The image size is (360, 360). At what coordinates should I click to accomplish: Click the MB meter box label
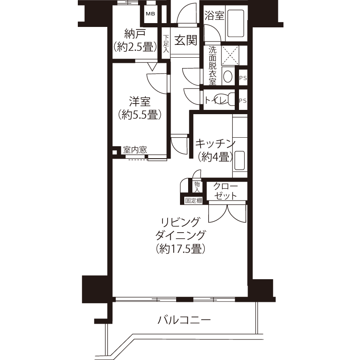(150, 14)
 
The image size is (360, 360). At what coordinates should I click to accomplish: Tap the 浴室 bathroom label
(214, 15)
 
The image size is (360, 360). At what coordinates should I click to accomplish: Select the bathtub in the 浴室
(235, 23)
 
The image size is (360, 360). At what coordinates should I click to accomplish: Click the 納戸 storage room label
(135, 34)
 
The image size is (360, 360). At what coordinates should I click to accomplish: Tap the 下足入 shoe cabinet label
(166, 44)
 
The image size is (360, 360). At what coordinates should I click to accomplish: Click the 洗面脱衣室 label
(212, 66)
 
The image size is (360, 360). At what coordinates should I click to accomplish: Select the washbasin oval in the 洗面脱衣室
(227, 76)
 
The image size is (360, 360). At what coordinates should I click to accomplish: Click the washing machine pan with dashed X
(230, 55)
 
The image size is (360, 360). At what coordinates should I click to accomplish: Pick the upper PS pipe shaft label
(243, 78)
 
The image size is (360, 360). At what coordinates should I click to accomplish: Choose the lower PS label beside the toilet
(243, 100)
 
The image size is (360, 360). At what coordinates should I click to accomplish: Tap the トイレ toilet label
(216, 100)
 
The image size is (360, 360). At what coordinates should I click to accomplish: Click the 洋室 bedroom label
(139, 101)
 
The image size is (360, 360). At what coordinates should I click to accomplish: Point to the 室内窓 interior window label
(135, 150)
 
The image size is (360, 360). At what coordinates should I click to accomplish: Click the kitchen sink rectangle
(239, 160)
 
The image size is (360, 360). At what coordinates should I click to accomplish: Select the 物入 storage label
(197, 187)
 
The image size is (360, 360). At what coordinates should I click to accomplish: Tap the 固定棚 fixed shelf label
(194, 201)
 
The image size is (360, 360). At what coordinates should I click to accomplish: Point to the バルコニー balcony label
(184, 320)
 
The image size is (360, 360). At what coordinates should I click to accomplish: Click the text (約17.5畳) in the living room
(181, 249)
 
